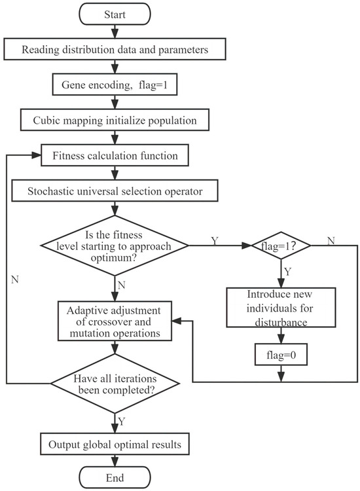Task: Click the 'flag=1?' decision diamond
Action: click(279, 246)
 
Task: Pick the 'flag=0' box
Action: click(279, 356)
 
